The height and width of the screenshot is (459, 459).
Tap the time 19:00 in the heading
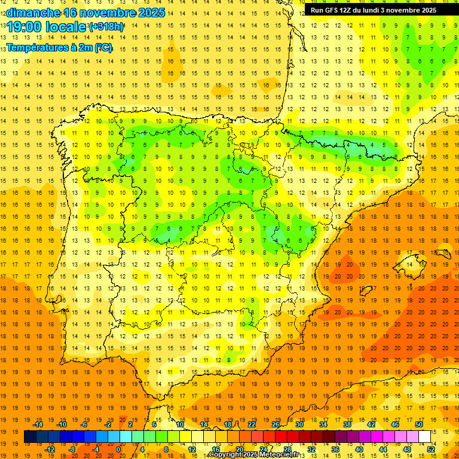[x=25, y=27]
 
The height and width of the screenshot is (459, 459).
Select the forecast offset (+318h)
[x=106, y=27]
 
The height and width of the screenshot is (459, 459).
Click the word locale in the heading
[x=66, y=27]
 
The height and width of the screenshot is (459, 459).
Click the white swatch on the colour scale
[x=424, y=437]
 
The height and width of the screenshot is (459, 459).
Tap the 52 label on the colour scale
[x=432, y=449]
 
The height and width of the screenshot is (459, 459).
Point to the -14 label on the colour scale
[x=38, y=424]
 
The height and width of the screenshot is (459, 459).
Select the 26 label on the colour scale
[x=276, y=424]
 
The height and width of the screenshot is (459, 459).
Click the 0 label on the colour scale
[x=118, y=449]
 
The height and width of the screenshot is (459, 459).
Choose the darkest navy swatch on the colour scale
[x=30, y=437]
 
